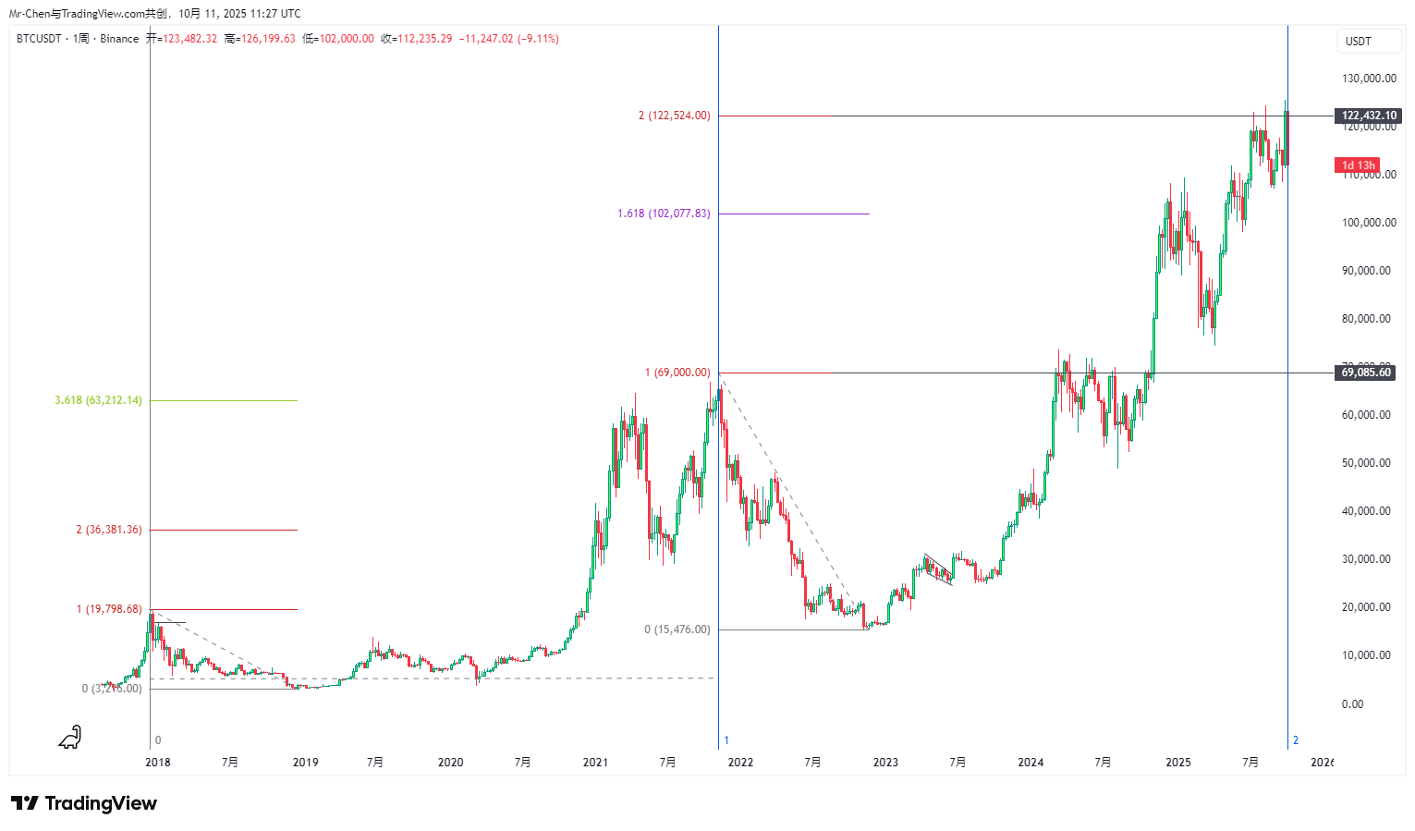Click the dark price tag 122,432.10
[x=1369, y=116]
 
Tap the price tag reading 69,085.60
[x=1366, y=373]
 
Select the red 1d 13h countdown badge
[x=1358, y=165]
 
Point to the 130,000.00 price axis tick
[x=1369, y=79]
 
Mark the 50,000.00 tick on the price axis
[x=1366, y=463]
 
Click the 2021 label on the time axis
[x=595, y=763]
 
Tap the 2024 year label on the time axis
[x=1031, y=763]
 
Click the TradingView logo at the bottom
[x=84, y=803]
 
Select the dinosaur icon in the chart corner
[x=70, y=737]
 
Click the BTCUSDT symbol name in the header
[x=39, y=39]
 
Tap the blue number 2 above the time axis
[x=1296, y=740]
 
